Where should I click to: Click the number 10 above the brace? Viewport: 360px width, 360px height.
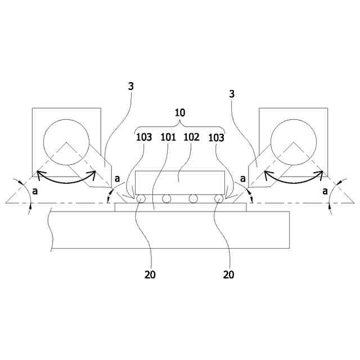[x=180, y=112]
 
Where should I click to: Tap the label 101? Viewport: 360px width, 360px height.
[x=169, y=137]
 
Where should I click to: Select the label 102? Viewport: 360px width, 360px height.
[x=192, y=137]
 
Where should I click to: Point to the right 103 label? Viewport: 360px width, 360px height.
[x=217, y=137]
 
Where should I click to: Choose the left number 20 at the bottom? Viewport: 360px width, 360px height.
[x=150, y=275]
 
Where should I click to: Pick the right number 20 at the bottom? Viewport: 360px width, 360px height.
[x=228, y=275]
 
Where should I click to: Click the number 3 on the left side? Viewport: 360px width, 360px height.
[x=130, y=86]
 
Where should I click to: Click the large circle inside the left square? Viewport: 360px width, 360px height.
[x=66, y=142]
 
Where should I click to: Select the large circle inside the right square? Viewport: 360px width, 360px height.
[x=293, y=142]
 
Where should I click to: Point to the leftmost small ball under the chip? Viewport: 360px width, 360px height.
[x=139, y=199]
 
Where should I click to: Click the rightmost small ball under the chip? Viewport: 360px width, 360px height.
[x=219, y=199]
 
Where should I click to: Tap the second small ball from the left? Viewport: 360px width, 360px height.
[x=166, y=199]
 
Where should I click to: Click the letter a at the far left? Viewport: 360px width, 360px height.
[x=35, y=191]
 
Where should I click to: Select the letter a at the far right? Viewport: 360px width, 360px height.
[x=325, y=191]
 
